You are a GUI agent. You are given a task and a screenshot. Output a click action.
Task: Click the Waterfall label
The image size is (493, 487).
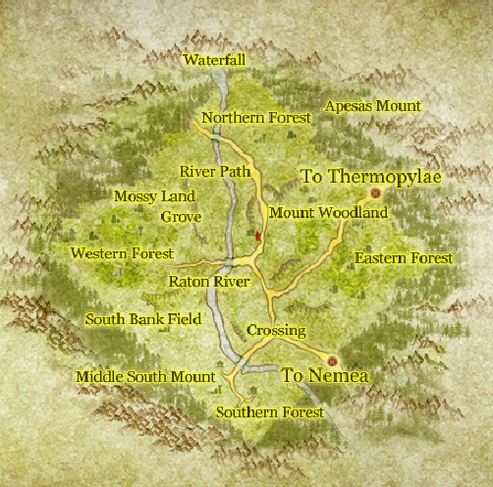tap(214, 60)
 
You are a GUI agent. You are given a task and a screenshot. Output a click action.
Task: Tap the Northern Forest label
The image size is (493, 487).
tap(255, 119)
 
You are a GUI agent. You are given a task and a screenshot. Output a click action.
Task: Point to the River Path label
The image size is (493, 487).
tap(214, 172)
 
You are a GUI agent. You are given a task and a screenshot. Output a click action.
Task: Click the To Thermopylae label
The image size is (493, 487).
tap(371, 177)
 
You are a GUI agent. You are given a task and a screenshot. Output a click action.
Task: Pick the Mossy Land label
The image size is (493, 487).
tap(154, 196)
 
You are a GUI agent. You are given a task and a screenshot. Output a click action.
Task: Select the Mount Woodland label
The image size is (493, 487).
tap(328, 213)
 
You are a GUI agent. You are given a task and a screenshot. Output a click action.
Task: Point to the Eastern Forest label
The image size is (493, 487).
tap(404, 258)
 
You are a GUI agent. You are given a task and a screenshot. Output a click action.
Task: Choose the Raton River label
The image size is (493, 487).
tap(208, 282)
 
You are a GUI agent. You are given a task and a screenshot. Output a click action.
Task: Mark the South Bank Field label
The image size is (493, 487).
tap(142, 319)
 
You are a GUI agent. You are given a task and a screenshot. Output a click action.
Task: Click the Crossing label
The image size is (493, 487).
tap(276, 331)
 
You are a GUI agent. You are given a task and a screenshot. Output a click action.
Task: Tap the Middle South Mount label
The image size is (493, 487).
tap(144, 377)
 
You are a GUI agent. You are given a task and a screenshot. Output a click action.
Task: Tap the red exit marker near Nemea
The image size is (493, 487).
tap(332, 359)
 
